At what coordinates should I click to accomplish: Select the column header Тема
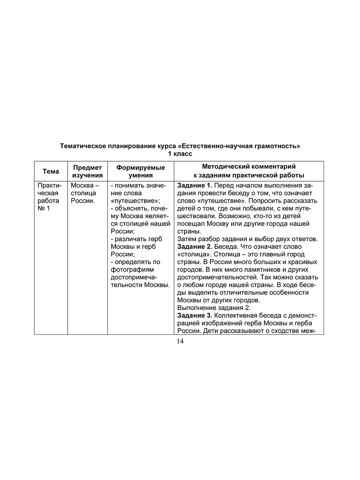point(51,171)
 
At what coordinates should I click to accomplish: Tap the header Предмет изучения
point(87,171)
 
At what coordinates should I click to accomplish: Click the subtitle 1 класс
point(180,154)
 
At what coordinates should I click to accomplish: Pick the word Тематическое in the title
point(82,146)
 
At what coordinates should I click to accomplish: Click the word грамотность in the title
point(278,146)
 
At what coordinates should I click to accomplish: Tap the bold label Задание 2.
point(194,247)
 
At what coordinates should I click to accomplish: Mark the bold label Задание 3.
point(194,316)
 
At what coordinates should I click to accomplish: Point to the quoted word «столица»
point(192,254)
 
